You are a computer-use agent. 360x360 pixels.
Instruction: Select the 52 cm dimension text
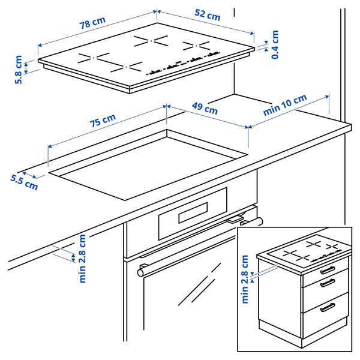tap(206, 15)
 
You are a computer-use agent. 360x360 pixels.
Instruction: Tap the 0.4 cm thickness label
tap(275, 44)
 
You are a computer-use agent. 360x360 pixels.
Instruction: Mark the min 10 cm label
tap(285, 106)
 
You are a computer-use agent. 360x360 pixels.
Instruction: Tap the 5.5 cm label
tap(23, 181)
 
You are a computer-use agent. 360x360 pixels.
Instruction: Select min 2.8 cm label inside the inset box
tap(245, 279)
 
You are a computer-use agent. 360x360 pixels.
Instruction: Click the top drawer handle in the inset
tap(326, 271)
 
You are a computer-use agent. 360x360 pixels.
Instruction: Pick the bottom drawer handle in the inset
tap(328, 307)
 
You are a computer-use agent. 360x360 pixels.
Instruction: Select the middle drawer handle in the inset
tap(327, 284)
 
